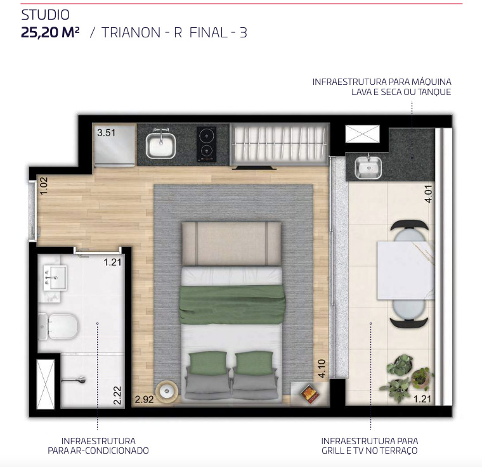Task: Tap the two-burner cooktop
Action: pyautogui.click(x=206, y=144)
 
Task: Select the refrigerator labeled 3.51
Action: pyautogui.click(x=115, y=145)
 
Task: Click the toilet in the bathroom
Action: pyautogui.click(x=58, y=326)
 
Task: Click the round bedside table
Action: pyautogui.click(x=167, y=391)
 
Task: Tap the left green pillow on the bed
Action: pyautogui.click(x=208, y=363)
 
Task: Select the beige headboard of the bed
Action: pyautogui.click(x=231, y=244)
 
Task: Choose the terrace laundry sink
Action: pyautogui.click(x=368, y=168)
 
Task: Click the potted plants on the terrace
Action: pyautogui.click(x=406, y=378)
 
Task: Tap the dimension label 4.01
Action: pyautogui.click(x=428, y=194)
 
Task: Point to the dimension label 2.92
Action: pyautogui.click(x=144, y=399)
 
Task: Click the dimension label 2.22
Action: pyautogui.click(x=117, y=395)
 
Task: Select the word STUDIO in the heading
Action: pyautogui.click(x=46, y=15)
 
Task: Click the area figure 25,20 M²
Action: pyautogui.click(x=50, y=32)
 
